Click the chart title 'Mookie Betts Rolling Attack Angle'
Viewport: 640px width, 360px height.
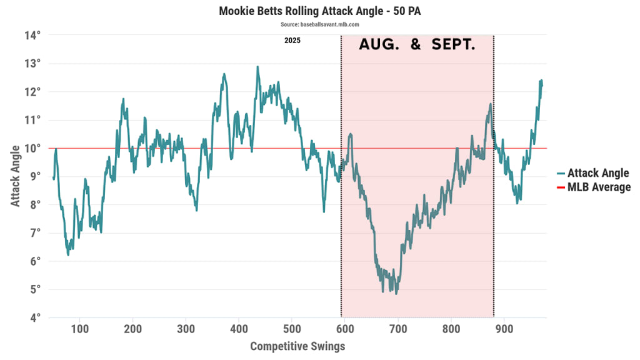320,11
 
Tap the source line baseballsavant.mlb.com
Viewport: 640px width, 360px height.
320,24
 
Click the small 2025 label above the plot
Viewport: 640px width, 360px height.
292,41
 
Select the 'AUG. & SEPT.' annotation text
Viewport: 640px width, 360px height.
417,46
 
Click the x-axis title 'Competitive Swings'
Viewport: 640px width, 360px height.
297,346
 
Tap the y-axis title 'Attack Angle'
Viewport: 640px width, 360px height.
15,176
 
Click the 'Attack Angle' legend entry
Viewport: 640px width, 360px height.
597,174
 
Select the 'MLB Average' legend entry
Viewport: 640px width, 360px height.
599,187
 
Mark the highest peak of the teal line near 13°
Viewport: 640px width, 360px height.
257,66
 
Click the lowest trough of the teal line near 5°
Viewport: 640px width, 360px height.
396,293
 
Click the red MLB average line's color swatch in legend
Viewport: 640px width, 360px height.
561,187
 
